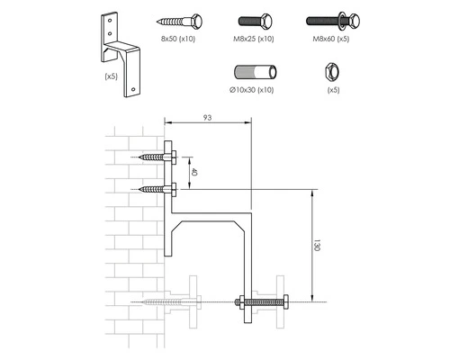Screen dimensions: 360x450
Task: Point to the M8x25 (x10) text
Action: point(255,40)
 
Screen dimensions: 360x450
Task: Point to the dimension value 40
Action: point(193,171)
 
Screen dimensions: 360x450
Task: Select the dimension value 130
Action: point(317,245)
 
